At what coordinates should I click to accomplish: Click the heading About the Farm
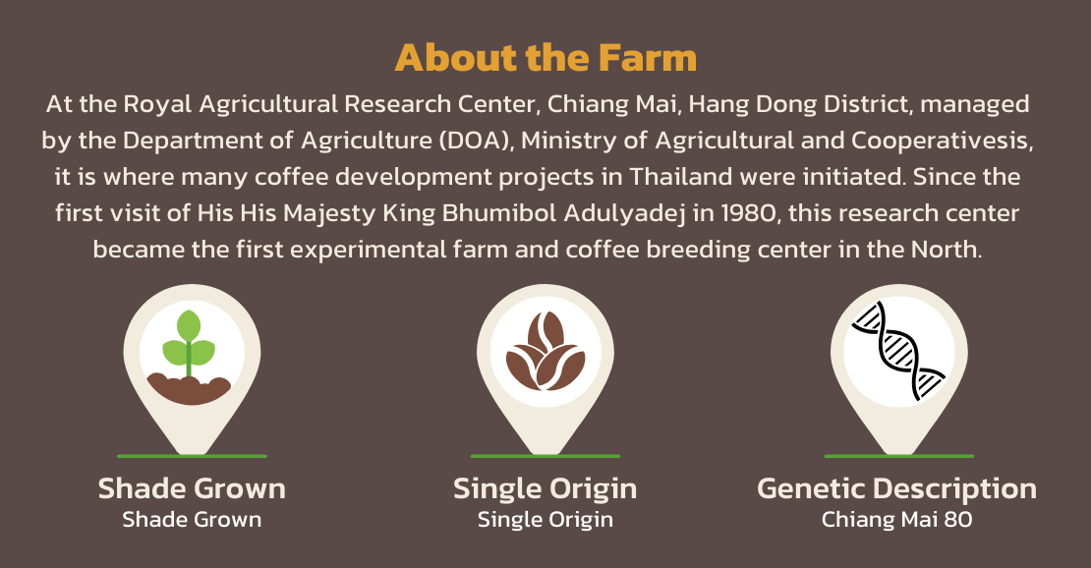(545, 58)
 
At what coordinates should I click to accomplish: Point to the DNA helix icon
(899, 350)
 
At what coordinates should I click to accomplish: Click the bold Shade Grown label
(192, 488)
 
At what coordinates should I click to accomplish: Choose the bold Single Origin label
(545, 489)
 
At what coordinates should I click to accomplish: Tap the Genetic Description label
(896, 489)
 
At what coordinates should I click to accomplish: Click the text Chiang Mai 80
(896, 519)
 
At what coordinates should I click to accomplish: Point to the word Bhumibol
(499, 213)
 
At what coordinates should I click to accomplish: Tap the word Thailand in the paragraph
(681, 177)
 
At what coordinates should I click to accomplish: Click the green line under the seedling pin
(192, 456)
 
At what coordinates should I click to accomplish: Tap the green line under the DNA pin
(899, 456)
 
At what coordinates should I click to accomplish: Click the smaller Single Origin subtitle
(545, 520)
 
